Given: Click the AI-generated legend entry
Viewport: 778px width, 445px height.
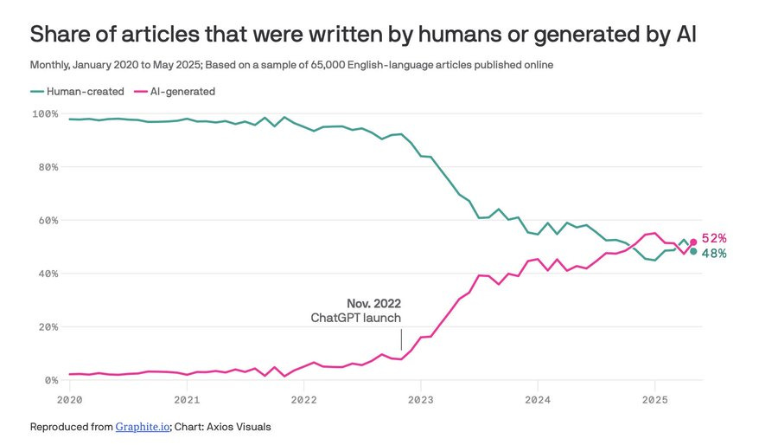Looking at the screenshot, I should tap(182, 91).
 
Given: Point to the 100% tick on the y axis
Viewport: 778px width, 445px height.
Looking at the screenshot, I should tap(45, 114).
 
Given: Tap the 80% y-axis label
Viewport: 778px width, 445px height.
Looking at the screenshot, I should tap(48, 167).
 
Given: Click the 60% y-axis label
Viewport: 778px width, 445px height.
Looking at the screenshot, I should tap(48, 221).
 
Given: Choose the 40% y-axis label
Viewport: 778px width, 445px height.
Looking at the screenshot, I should tap(48, 274).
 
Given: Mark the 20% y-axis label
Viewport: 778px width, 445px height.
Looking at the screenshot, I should tap(48, 327).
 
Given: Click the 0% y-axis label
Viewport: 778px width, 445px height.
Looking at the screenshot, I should tap(50, 380).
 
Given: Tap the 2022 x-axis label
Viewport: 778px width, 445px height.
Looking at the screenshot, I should tap(303, 400).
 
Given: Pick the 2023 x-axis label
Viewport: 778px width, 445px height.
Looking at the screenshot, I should tap(420, 400).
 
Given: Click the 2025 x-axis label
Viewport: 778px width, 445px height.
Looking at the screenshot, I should tap(654, 400).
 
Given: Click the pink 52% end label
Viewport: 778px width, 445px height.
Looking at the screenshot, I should tap(713, 238).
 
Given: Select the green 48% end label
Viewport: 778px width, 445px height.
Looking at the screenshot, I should tap(713, 254).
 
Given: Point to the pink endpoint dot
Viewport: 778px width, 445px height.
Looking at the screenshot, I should tap(693, 242).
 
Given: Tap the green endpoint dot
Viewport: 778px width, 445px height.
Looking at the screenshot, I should tap(693, 252).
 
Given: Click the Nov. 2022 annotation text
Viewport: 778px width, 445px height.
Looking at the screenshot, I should tap(373, 303).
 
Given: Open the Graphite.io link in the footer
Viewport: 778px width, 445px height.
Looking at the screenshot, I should tap(141, 427).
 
